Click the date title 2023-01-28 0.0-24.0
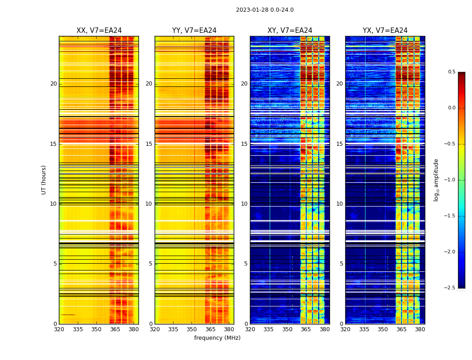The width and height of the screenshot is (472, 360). tap(265, 10)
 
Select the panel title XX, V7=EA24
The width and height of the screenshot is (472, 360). tap(99, 31)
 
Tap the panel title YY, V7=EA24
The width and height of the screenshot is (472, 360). tap(194, 31)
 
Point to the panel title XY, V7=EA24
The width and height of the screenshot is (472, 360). tap(290, 31)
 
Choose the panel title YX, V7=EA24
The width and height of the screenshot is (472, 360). tap(385, 31)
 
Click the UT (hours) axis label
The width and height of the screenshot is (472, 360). tap(44, 180)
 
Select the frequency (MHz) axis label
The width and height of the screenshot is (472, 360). tap(217, 338)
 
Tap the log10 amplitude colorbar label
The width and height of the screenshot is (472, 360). tap(436, 180)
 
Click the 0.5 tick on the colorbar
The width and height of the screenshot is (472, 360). tap(451, 72)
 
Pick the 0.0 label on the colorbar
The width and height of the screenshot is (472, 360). tap(451, 108)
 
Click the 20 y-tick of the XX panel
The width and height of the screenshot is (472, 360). tap(53, 84)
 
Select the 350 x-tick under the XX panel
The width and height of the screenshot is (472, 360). tap(96, 329)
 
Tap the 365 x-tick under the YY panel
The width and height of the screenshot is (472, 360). tap(210, 329)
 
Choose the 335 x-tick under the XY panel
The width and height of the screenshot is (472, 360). tap(268, 329)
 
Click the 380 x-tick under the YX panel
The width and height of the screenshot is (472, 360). tap(420, 329)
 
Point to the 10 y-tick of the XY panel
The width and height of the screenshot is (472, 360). tap(244, 204)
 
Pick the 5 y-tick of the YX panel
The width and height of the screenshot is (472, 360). tap(341, 264)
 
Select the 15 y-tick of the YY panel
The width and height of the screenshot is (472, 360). tap(149, 144)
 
